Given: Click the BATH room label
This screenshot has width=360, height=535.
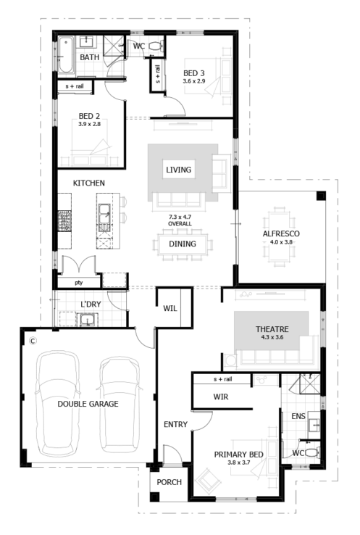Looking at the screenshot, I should [89, 57].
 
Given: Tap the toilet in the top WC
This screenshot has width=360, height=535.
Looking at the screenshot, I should [159, 47].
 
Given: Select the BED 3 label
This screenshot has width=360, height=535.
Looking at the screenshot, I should [193, 72].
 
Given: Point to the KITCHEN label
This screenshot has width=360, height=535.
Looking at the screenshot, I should [88, 183].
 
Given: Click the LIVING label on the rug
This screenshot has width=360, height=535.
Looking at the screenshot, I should [179, 170].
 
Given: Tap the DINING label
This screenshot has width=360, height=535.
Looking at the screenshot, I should [180, 244].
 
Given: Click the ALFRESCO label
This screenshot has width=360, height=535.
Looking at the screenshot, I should [281, 233].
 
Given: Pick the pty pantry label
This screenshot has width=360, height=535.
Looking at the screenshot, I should [78, 281].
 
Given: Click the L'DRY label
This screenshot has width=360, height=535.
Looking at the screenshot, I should [91, 303].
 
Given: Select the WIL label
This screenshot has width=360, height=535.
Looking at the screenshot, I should [170, 308].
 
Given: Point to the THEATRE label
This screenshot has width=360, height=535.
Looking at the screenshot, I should [272, 329].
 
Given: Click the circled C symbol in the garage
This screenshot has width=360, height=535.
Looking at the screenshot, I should [32, 341].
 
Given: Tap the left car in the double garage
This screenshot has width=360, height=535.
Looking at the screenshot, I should [58, 402].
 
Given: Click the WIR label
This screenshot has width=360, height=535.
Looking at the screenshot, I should [221, 397].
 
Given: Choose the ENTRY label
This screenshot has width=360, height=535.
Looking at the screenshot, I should [175, 424].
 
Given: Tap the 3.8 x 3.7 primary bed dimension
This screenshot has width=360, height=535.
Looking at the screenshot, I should [233, 463].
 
